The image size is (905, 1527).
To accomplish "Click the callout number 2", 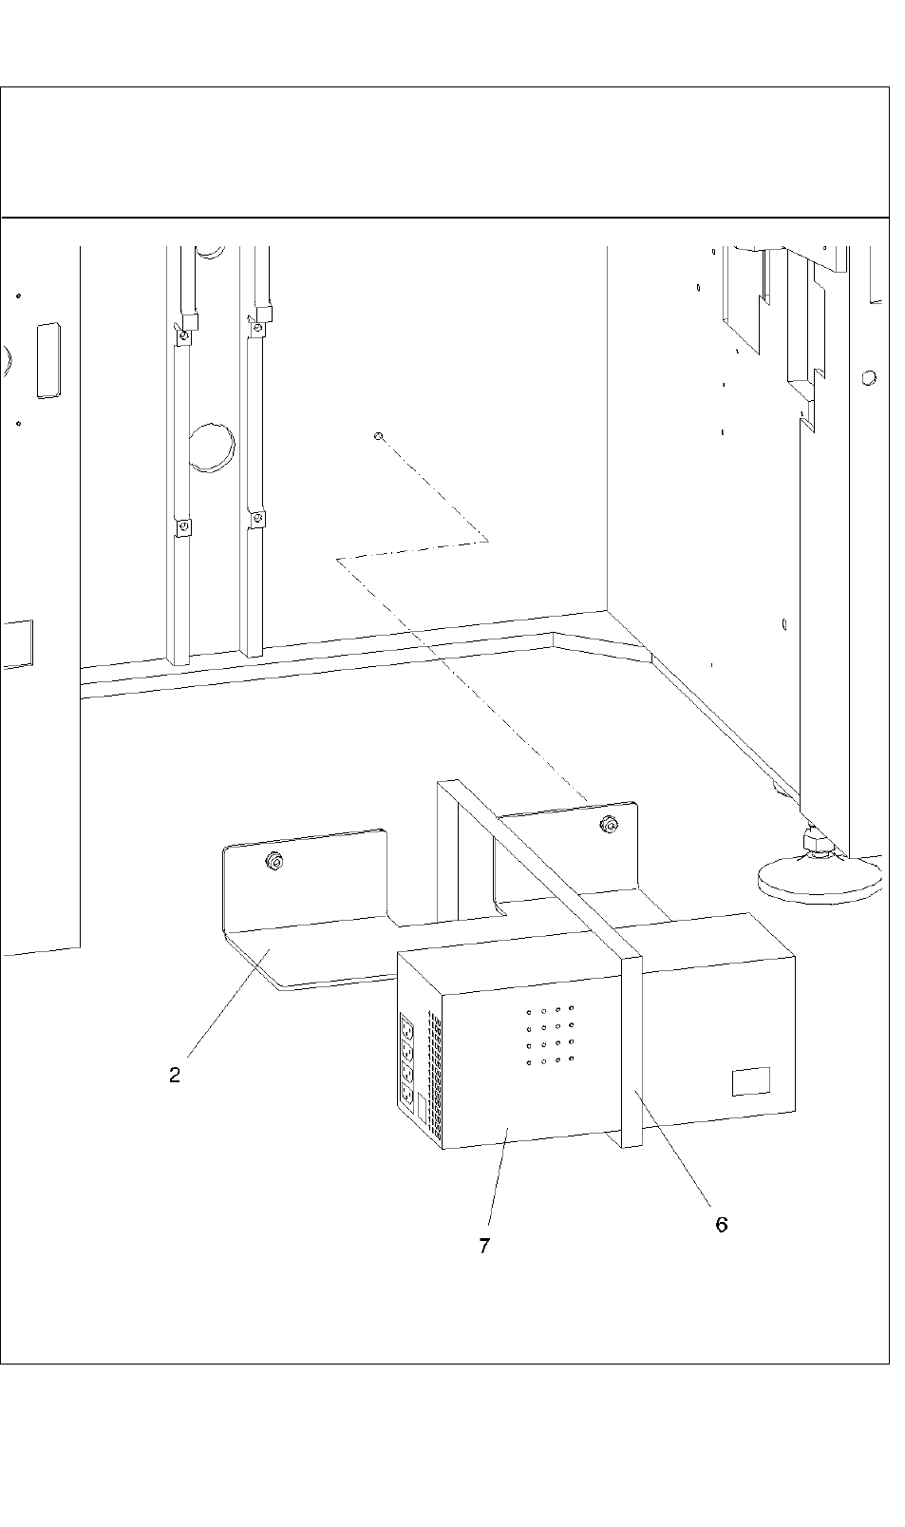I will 175,1076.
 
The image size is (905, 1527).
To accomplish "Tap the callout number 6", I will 722,1224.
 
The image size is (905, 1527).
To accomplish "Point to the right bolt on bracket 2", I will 606,824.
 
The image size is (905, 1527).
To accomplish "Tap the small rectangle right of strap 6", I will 750,1081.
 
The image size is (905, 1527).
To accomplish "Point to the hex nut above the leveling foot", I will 815,840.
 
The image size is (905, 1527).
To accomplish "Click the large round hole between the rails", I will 212,448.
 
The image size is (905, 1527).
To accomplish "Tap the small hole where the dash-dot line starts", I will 379,436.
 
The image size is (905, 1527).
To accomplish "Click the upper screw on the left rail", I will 185,335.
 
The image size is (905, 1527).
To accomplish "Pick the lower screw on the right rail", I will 256,519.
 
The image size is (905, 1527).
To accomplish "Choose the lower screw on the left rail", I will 183,525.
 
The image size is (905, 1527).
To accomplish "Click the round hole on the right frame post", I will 868,378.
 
